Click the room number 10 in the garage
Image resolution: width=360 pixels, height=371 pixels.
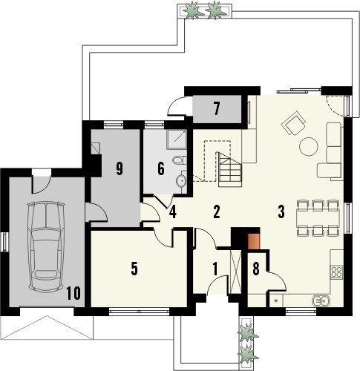pyautogui.click(x=73, y=294)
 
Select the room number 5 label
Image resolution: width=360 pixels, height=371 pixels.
pyautogui.click(x=134, y=269)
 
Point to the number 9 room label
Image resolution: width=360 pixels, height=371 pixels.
pyautogui.click(x=120, y=169)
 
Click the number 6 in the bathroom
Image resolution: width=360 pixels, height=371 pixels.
pyautogui.click(x=161, y=169)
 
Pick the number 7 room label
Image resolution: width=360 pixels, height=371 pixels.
pyautogui.click(x=217, y=109)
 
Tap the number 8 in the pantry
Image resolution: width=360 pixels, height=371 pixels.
pyautogui.click(x=256, y=269)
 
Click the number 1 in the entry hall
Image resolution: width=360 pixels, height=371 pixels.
pyautogui.click(x=215, y=269)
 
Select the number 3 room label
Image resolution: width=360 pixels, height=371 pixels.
pyautogui.click(x=281, y=212)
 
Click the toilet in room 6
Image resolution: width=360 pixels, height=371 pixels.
pyautogui.click(x=180, y=160)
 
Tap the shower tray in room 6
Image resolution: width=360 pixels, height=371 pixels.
pyautogui.click(x=177, y=139)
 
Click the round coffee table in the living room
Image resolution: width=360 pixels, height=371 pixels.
pyautogui.click(x=309, y=146)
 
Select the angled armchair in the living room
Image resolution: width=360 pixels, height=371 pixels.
pyautogui.click(x=293, y=123)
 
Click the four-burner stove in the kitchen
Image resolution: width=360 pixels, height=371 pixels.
pyautogui.click(x=336, y=272)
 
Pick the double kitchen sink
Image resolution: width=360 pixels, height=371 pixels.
pyautogui.click(x=321, y=301)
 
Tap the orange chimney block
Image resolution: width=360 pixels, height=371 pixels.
pyautogui.click(x=254, y=241)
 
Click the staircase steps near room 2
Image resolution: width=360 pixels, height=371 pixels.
pyautogui.click(x=229, y=169)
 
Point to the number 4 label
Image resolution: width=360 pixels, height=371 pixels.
pyautogui.click(x=173, y=212)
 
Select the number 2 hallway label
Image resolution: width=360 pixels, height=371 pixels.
pyautogui.click(x=217, y=212)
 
